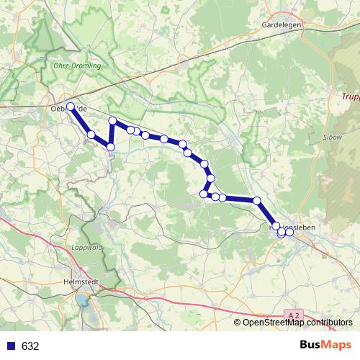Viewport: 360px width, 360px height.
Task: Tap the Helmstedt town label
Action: [x=81, y=283]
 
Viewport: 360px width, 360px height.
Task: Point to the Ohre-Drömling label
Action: [x=78, y=65]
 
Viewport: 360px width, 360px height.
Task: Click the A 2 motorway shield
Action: [x=292, y=316]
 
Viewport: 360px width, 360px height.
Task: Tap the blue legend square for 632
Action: [x=10, y=346]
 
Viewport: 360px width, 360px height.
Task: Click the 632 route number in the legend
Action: [x=30, y=346]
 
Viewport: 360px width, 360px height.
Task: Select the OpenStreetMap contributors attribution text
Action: [x=297, y=323]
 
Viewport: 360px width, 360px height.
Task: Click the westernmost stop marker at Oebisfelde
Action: [x=71, y=107]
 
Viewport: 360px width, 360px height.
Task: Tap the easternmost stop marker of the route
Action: [x=289, y=231]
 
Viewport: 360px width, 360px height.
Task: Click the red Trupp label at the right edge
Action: [x=350, y=96]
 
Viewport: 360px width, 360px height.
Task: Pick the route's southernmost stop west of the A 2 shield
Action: [x=282, y=233]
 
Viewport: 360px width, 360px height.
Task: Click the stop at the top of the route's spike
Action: [x=112, y=121]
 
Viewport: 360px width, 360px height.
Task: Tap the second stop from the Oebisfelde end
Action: [x=91, y=135]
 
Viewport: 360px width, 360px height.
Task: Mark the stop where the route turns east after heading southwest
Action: [x=204, y=193]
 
